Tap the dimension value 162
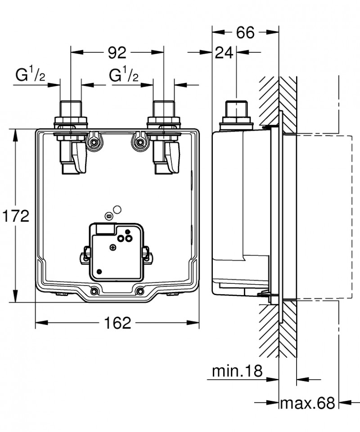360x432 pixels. [117, 323]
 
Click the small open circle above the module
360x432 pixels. [118, 209]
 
